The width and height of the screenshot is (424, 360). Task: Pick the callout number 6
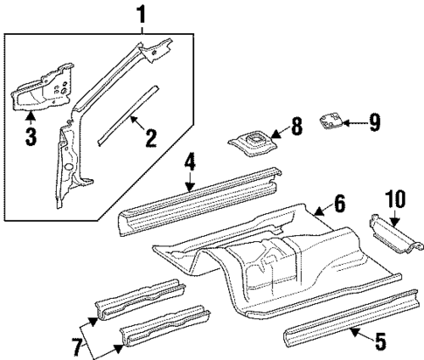[339, 230]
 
